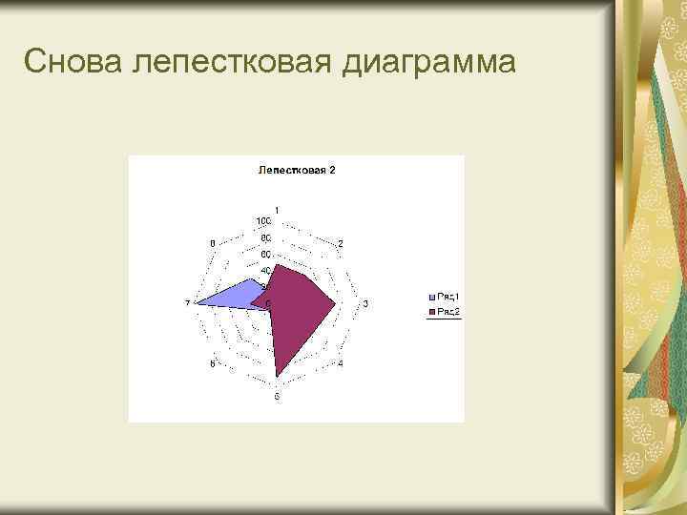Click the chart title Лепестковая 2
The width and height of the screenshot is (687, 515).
297,171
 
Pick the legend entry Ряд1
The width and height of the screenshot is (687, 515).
448,296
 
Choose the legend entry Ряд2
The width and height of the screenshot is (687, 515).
448,311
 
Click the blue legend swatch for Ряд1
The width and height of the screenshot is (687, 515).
432,296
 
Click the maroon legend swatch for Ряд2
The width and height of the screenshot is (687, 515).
432,311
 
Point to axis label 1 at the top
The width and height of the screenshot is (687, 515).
277,210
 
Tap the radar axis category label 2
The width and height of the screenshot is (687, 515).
341,243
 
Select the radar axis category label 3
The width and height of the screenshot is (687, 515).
365,303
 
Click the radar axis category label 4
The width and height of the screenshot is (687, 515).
341,365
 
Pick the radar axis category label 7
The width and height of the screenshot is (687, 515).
187,303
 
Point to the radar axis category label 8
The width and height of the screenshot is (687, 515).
212,243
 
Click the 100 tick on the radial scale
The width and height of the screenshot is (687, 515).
262,220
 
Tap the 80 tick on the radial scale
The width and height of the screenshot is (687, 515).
264,237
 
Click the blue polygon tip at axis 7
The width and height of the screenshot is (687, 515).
198,303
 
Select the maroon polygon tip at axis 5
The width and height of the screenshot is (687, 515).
277,378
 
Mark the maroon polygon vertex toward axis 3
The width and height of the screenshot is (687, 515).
336,304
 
